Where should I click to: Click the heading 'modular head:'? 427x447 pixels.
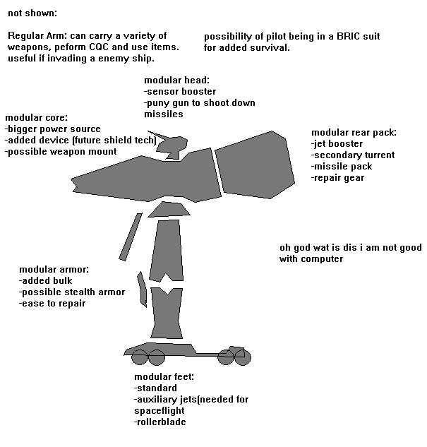(176, 81)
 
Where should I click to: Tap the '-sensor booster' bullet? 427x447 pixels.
(180, 92)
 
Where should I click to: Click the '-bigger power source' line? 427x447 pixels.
(53, 129)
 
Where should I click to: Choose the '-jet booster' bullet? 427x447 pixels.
(337, 144)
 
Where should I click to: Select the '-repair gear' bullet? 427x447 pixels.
(338, 178)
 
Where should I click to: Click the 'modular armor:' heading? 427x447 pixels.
(54, 270)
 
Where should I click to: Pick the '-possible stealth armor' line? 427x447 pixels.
(72, 292)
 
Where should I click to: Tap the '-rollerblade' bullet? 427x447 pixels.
(160, 422)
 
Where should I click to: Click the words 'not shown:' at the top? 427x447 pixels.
(32, 13)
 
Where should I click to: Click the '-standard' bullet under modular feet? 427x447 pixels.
(155, 388)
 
